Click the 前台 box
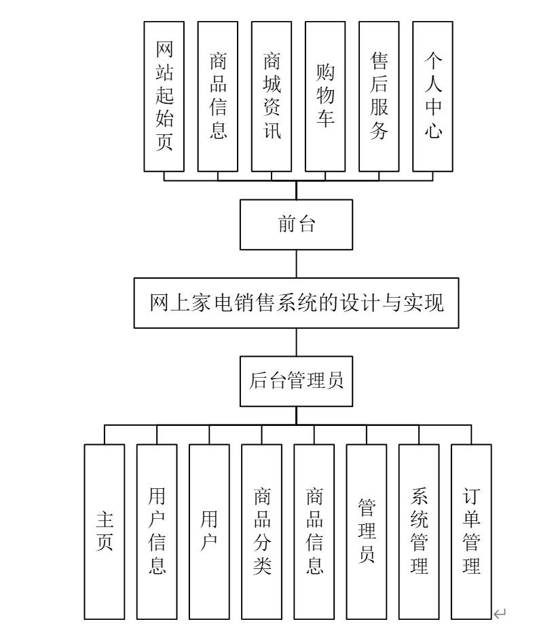[x=296, y=224]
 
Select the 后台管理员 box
[x=296, y=380]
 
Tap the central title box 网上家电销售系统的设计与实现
[x=296, y=303]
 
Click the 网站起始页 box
[x=164, y=96]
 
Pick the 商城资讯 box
[x=272, y=96]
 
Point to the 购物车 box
[x=325, y=96]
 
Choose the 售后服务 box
[x=379, y=96]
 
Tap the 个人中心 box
[x=433, y=96]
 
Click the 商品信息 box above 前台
[x=218, y=96]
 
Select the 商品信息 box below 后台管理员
[x=314, y=531]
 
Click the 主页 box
[x=105, y=531]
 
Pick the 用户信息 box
[x=157, y=531]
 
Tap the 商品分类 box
[x=261, y=531]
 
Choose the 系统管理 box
[x=419, y=531]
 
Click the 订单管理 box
[x=471, y=531]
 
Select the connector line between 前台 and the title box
[x=296, y=263]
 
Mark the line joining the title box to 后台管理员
[x=296, y=342]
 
